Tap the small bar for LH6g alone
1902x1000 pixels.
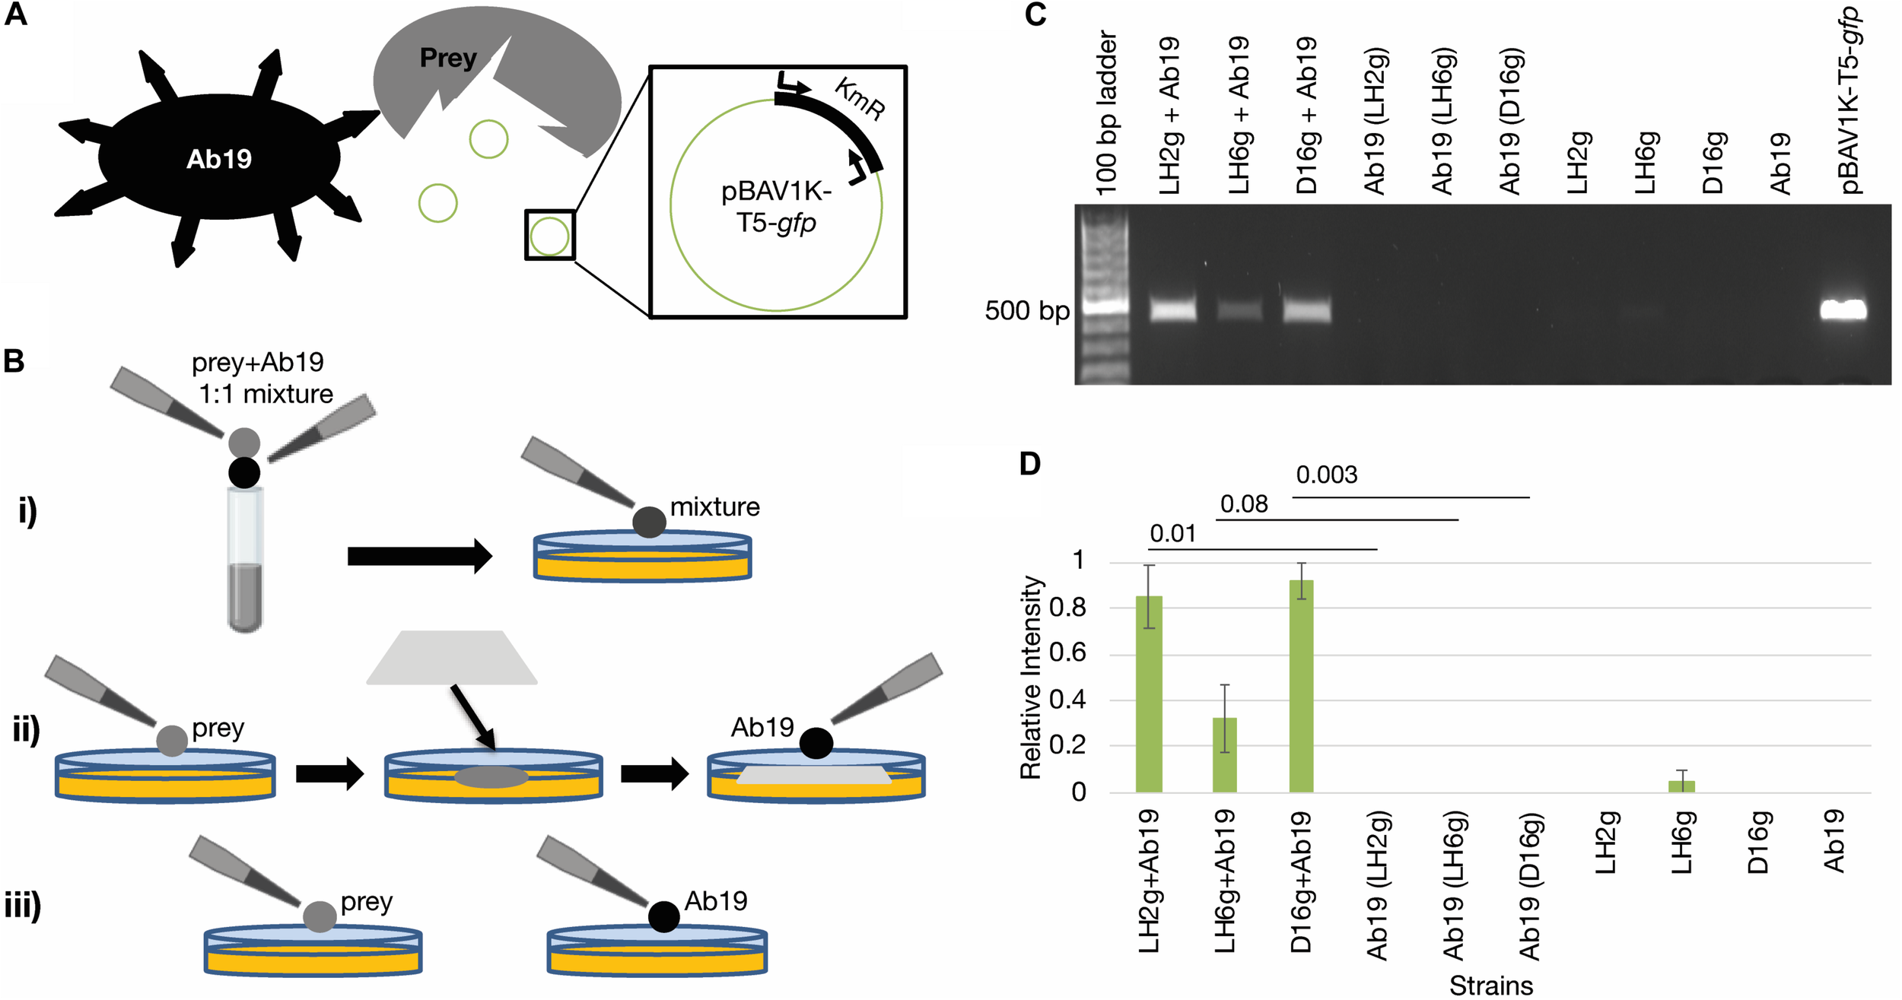tap(1681, 786)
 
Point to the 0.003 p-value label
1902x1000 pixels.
tap(1326, 475)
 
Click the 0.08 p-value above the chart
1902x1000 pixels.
tap(1244, 504)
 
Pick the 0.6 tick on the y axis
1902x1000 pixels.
tap(1067, 654)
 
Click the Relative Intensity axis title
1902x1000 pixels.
tap(1031, 677)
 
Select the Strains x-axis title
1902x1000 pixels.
tap(1490, 986)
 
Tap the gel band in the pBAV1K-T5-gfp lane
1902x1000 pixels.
tap(1843, 310)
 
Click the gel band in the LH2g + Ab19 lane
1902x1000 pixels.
tap(1172, 310)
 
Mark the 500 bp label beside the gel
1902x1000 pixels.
tap(1026, 311)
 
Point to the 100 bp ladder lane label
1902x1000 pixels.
tap(1107, 113)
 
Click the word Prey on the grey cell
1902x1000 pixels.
tap(448, 58)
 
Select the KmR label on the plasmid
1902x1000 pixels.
tap(860, 99)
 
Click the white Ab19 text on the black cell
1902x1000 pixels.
tap(219, 159)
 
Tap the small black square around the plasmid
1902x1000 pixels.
tap(549, 235)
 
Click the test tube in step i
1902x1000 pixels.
tap(245, 559)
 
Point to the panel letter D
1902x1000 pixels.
tap(1029, 463)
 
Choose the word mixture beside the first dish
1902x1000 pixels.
tap(714, 506)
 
